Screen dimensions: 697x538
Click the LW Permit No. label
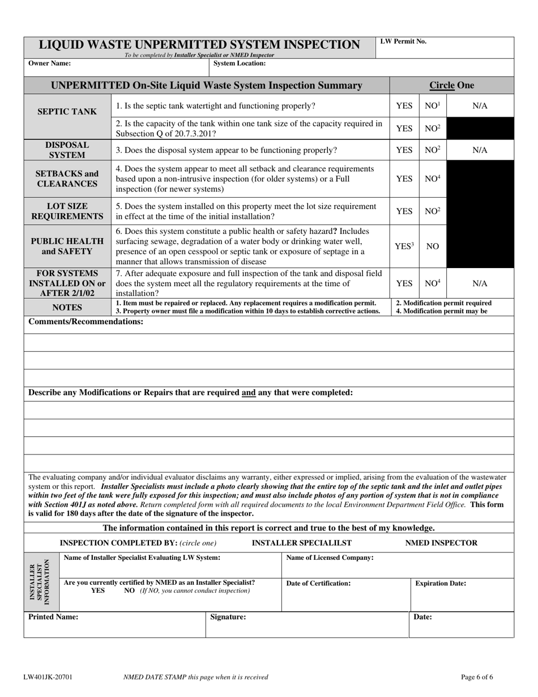pos(403,41)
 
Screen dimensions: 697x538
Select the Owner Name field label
pos(50,63)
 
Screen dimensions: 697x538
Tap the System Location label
pos(240,63)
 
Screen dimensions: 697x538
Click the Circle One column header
pos(451,86)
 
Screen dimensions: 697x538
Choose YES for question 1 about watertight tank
pos(404,106)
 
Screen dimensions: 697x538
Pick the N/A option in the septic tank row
pos(480,106)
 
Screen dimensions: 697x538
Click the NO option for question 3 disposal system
pos(433,150)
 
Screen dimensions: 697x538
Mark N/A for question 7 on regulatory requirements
pos(480,283)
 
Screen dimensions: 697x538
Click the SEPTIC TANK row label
pos(67,112)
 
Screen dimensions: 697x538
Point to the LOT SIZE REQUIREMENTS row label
pos(67,211)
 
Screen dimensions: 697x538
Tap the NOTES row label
pos(67,307)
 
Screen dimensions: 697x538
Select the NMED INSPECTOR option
pos(441,543)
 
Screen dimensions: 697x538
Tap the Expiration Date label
pos(441,583)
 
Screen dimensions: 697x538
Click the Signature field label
pos(228,617)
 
